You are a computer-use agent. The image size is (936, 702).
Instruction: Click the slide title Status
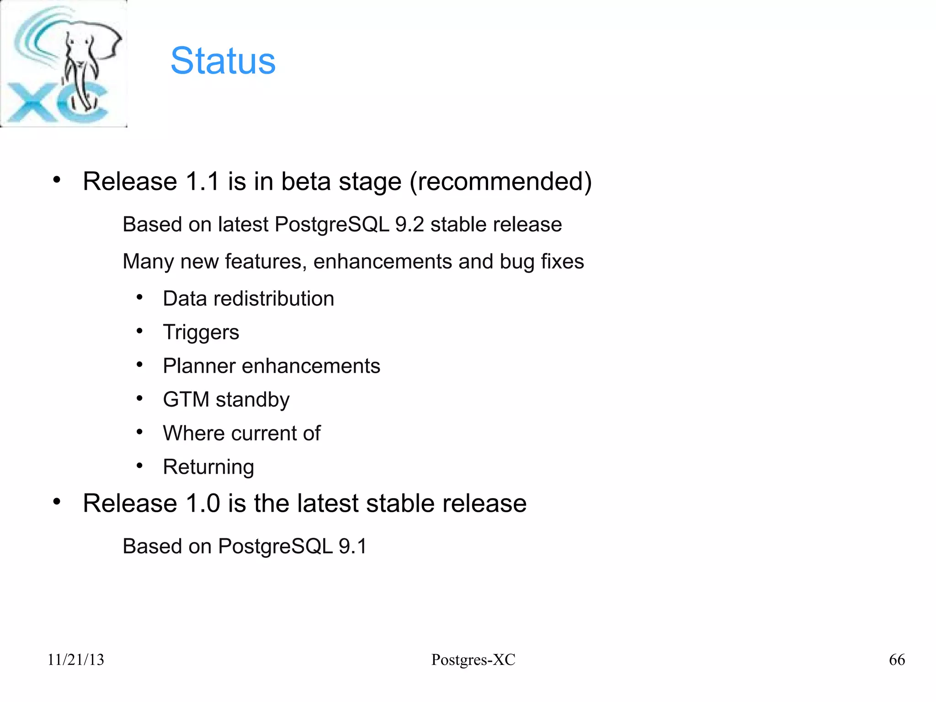point(223,61)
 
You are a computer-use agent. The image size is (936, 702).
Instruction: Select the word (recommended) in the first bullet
point(500,182)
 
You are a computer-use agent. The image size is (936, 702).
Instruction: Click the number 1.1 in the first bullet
point(203,182)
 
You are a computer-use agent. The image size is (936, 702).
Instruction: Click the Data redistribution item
point(249,299)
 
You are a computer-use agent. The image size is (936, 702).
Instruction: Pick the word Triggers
point(201,332)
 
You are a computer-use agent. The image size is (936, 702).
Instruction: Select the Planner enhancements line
point(271,366)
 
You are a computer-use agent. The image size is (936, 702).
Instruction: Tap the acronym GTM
point(186,400)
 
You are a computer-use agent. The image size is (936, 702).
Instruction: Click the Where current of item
point(242,433)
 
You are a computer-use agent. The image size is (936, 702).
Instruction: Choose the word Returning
point(208,467)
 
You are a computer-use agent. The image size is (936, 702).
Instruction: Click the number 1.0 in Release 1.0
point(203,504)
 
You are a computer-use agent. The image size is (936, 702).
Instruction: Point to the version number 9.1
point(352,547)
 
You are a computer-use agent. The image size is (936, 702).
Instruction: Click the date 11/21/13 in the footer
point(76,659)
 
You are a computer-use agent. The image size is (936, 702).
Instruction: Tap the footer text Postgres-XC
point(473,659)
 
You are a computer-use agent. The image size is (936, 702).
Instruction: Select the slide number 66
point(897,659)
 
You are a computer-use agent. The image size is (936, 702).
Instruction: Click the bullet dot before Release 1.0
point(57,502)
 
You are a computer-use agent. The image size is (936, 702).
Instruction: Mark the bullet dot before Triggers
point(140,331)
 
